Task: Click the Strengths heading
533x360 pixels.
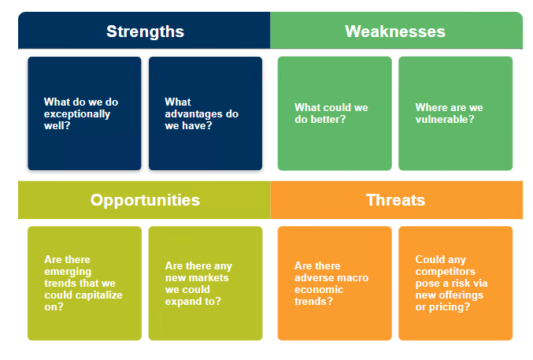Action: click(x=145, y=32)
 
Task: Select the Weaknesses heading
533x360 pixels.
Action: click(x=395, y=32)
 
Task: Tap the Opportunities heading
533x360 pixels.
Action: click(x=145, y=200)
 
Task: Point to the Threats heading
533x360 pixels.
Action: click(x=395, y=200)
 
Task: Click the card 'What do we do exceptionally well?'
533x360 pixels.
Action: click(x=84, y=113)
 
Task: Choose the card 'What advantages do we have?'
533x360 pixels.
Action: click(x=205, y=113)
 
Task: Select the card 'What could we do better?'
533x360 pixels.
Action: click(x=335, y=113)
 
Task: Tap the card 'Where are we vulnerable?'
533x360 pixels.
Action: click(x=455, y=113)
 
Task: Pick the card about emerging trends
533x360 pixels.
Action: click(x=84, y=283)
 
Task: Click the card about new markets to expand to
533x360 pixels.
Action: click(x=205, y=283)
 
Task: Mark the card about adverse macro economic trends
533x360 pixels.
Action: click(x=335, y=283)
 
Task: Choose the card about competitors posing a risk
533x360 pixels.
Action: click(x=455, y=283)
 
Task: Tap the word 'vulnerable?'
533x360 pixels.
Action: click(x=445, y=120)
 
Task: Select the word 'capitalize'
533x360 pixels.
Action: click(x=94, y=295)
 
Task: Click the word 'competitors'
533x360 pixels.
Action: click(x=443, y=271)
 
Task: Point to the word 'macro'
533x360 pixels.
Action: click(x=353, y=278)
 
